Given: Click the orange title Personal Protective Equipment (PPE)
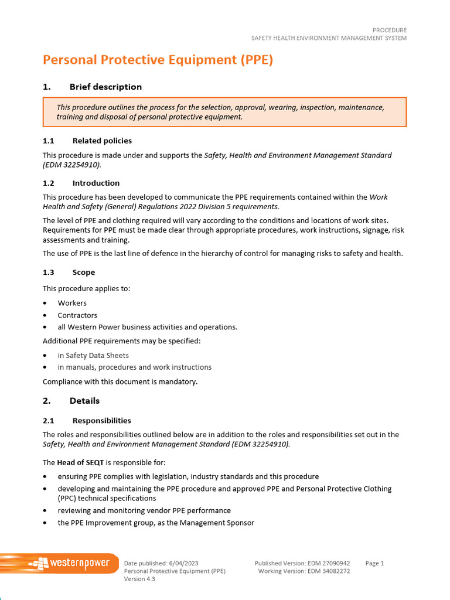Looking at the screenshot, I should click(x=158, y=60).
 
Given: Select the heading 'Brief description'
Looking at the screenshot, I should click(x=105, y=87).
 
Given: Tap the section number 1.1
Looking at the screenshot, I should click(x=48, y=141).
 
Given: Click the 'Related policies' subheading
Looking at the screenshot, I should click(x=102, y=141).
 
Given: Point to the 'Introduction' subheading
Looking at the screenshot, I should click(x=96, y=183).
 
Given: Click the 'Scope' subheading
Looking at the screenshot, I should click(x=83, y=272).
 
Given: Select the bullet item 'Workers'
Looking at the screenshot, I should click(x=72, y=303).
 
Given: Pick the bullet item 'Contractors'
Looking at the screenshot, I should click(x=77, y=315).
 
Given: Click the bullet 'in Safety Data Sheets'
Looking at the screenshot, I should click(x=93, y=355).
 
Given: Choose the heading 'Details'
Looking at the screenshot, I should click(x=84, y=401).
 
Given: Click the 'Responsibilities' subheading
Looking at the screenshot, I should click(x=101, y=421).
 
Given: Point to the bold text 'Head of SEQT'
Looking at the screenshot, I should click(x=80, y=462).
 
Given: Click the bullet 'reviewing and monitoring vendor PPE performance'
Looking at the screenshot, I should click(x=144, y=510).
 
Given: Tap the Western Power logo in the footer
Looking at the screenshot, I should click(x=59, y=564).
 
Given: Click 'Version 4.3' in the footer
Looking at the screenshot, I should click(x=139, y=579).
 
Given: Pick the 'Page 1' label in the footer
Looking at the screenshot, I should click(x=374, y=563).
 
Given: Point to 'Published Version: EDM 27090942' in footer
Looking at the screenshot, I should click(x=302, y=563).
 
